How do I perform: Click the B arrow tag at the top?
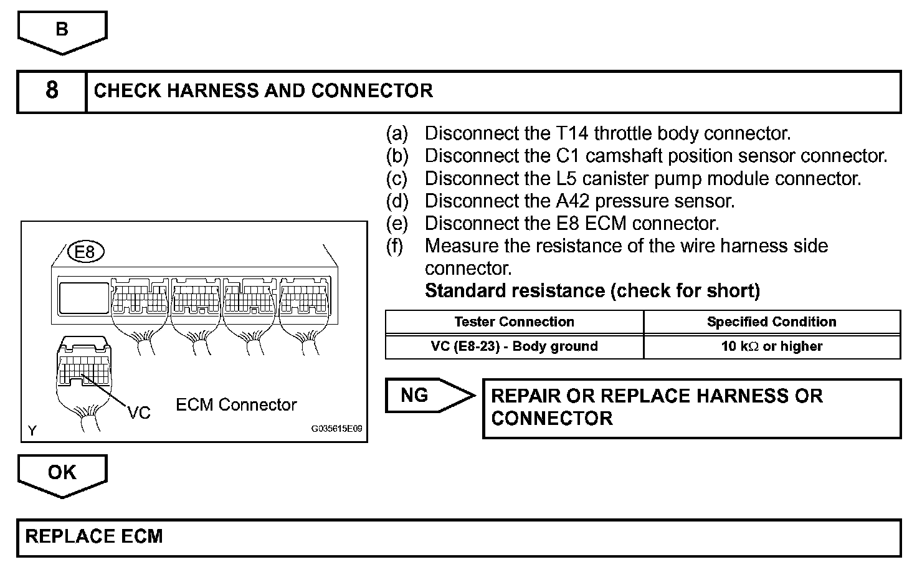click(62, 29)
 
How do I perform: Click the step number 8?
click(52, 91)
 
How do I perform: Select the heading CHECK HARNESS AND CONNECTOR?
click(263, 91)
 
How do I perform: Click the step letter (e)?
click(397, 223)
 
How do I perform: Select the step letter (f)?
click(395, 246)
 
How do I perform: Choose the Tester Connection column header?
click(514, 322)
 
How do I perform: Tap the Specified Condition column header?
click(771, 322)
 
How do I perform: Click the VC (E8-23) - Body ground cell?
click(514, 346)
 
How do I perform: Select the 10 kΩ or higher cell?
click(771, 346)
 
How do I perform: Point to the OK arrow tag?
click(62, 472)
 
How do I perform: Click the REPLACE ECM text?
click(94, 536)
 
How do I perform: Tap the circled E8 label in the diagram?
click(85, 252)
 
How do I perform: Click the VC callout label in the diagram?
click(139, 412)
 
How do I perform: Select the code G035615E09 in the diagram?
click(336, 429)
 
